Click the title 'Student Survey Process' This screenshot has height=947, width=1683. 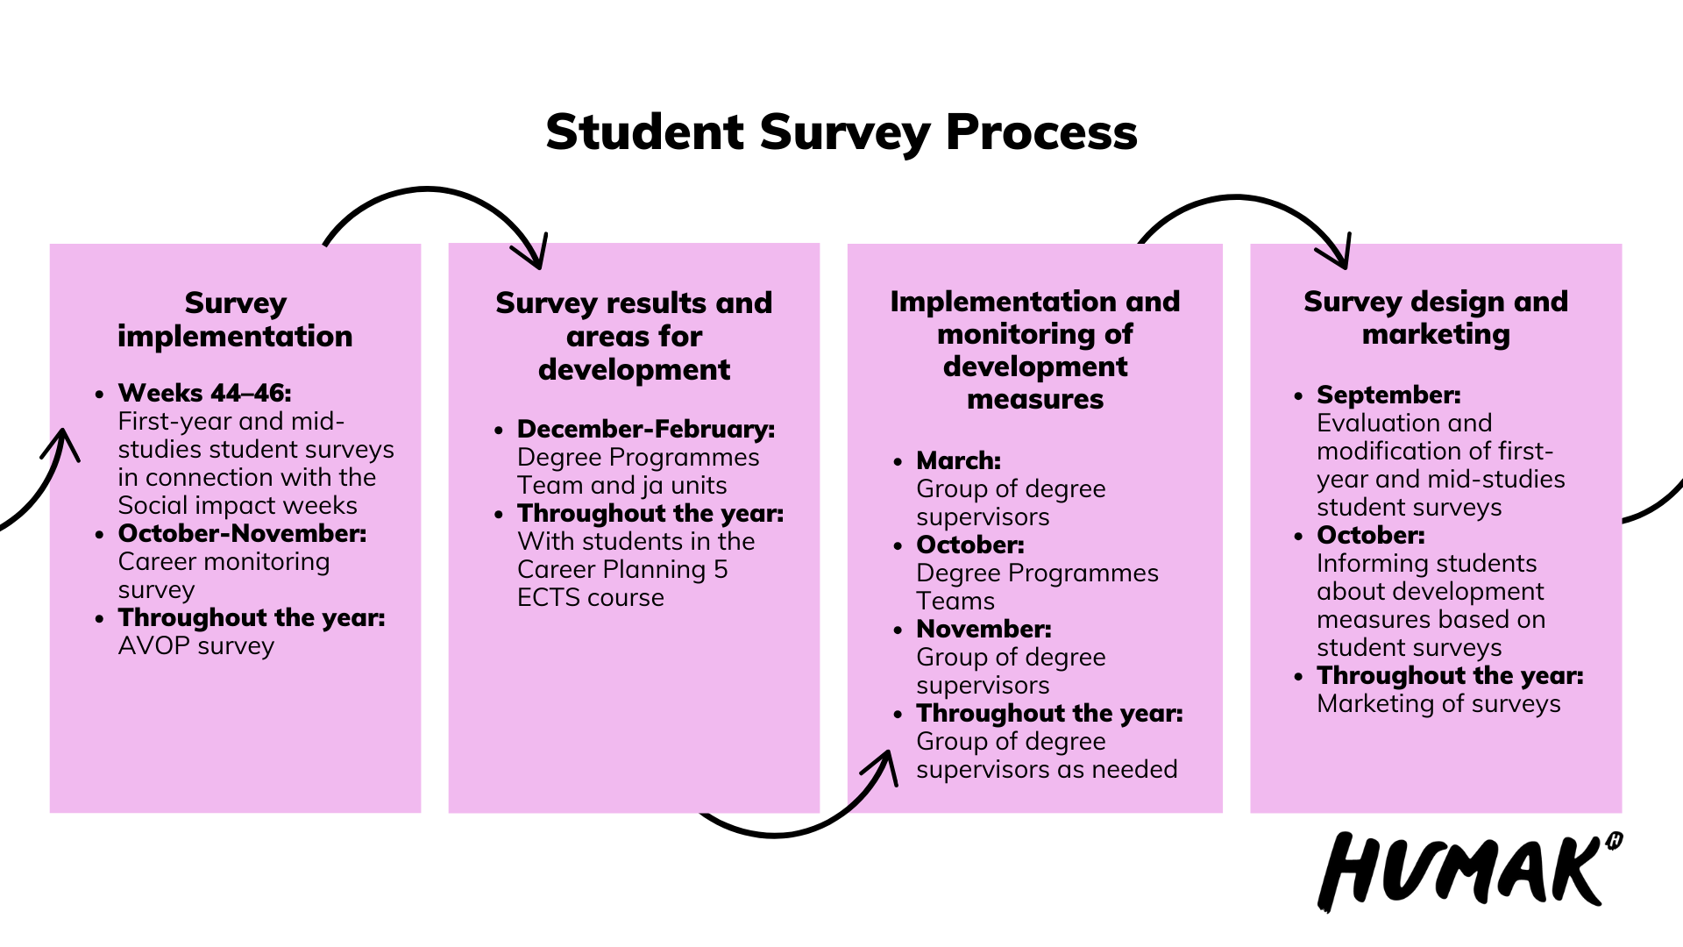pyautogui.click(x=841, y=133)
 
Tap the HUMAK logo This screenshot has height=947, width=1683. pyautogui.click(x=1470, y=871)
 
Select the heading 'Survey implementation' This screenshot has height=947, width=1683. pyautogui.click(x=235, y=320)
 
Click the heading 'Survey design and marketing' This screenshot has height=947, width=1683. pyautogui.click(x=1436, y=317)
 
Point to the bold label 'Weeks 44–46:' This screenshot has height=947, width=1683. pyautogui.click(x=205, y=393)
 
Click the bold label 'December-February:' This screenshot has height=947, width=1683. pyautogui.click(x=646, y=429)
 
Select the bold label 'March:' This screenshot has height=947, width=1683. pyautogui.click(x=958, y=460)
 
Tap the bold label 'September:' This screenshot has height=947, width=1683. pyautogui.click(x=1388, y=395)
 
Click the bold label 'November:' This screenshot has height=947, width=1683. pyautogui.click(x=984, y=629)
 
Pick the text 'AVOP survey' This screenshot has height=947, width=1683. pyautogui.click(x=196, y=646)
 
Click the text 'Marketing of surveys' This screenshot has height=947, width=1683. pyautogui.click(x=1438, y=704)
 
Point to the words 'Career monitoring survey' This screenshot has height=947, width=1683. pyautogui.click(x=224, y=576)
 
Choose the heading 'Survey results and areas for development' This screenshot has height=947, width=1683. pyautogui.click(x=634, y=337)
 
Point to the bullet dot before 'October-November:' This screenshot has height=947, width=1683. pyautogui.click(x=99, y=535)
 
